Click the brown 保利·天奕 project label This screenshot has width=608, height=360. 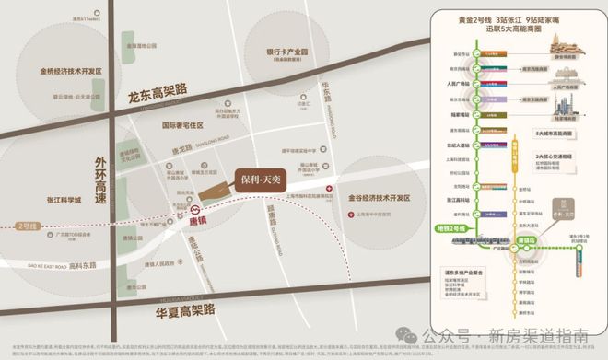[246, 177]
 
